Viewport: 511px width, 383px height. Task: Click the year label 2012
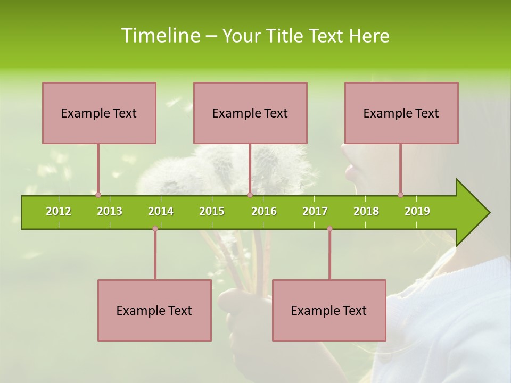(59, 211)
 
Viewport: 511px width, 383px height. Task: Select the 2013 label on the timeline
(110, 211)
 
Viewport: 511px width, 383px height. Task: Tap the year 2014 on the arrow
(161, 211)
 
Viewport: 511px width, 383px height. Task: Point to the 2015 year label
(212, 211)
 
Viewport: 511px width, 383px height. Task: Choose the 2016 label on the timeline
(264, 211)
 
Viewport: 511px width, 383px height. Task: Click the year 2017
(315, 211)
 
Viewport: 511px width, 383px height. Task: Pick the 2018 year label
(366, 211)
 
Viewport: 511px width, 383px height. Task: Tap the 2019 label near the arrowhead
(417, 211)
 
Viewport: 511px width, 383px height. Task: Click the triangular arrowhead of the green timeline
(472, 212)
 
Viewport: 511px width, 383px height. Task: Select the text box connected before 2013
(99, 113)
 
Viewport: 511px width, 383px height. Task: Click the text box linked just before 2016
(250, 113)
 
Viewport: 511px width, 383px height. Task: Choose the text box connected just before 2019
(401, 113)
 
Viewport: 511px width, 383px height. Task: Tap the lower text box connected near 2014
(154, 310)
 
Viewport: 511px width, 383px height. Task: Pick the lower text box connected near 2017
(329, 310)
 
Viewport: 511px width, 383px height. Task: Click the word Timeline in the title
(160, 36)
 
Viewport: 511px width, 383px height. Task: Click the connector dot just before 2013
(98, 195)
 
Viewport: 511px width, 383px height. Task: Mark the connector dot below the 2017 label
(329, 229)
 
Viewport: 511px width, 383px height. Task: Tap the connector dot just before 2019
(400, 195)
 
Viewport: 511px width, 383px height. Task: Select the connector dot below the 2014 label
(155, 229)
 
